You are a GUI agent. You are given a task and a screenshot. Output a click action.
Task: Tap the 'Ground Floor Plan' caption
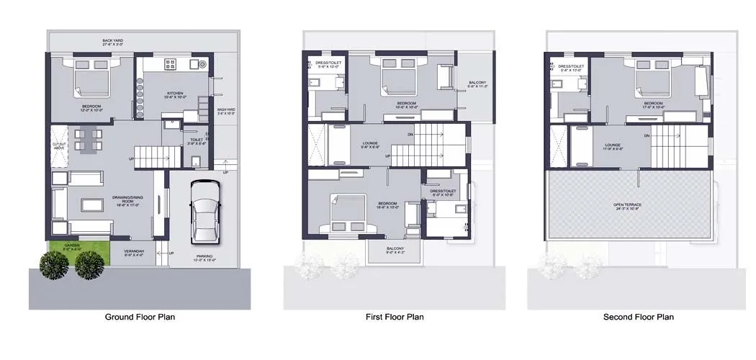pyautogui.click(x=140, y=317)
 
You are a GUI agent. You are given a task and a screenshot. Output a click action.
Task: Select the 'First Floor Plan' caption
pyautogui.click(x=395, y=317)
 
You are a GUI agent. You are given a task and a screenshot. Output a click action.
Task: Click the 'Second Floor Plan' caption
pyautogui.click(x=639, y=317)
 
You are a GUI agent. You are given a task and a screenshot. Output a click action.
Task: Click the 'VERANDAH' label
pyautogui.click(x=135, y=251)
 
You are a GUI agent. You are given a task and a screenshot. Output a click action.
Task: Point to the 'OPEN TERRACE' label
pyautogui.click(x=628, y=204)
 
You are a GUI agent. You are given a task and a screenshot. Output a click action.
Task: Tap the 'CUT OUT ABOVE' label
pyautogui.click(x=60, y=145)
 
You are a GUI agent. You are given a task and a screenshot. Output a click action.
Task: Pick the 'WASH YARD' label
pyautogui.click(x=227, y=111)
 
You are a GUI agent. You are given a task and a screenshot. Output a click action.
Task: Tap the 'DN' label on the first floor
pyautogui.click(x=410, y=134)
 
